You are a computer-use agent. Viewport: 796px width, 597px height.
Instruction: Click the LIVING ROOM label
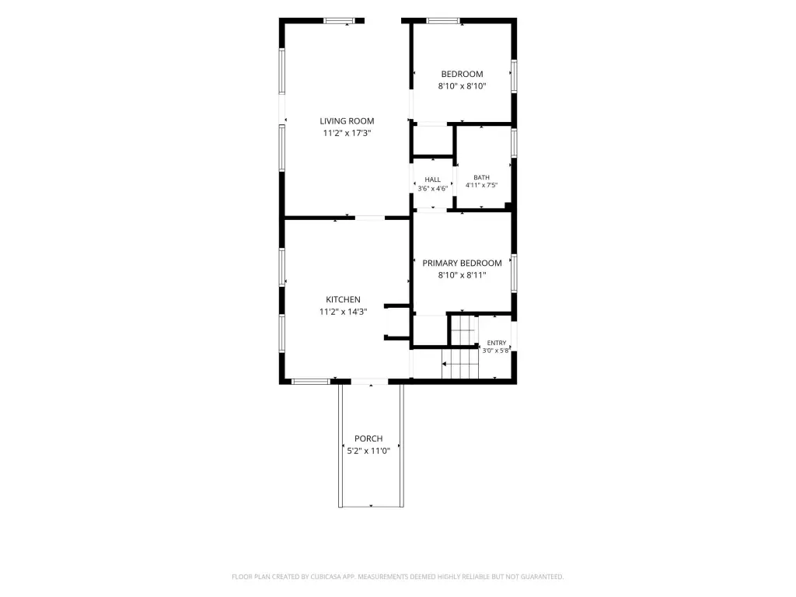pyautogui.click(x=347, y=120)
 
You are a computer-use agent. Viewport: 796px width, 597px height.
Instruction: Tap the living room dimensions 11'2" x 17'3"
pyautogui.click(x=347, y=133)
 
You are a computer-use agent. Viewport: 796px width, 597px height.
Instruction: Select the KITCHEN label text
pyautogui.click(x=343, y=299)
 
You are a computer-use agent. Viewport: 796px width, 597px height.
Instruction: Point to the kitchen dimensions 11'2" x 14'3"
pyautogui.click(x=343, y=312)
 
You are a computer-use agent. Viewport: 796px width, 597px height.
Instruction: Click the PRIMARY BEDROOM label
pyautogui.click(x=462, y=263)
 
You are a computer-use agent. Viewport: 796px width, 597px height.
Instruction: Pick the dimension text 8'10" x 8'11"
pyautogui.click(x=462, y=275)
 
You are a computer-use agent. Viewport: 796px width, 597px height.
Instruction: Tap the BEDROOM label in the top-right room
pyautogui.click(x=462, y=74)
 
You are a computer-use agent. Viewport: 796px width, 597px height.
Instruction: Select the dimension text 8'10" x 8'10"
pyautogui.click(x=462, y=86)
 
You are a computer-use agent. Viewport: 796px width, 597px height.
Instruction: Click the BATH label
pyautogui.click(x=481, y=177)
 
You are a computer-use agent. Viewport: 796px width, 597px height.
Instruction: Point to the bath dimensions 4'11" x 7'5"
pyautogui.click(x=481, y=185)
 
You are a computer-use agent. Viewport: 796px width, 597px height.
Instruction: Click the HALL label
pyautogui.click(x=432, y=180)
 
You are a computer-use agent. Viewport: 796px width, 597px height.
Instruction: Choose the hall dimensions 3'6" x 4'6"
pyautogui.click(x=432, y=188)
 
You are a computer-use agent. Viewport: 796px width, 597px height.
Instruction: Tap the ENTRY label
pyautogui.click(x=497, y=343)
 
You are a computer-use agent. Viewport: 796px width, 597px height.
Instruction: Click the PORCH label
pyautogui.click(x=368, y=438)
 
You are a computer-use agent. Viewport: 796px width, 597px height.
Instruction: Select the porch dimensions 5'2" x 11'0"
pyautogui.click(x=368, y=451)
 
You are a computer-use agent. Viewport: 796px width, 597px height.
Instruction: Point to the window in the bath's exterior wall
pyautogui.click(x=514, y=143)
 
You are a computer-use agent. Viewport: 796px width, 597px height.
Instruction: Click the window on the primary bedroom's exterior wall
pyautogui.click(x=514, y=273)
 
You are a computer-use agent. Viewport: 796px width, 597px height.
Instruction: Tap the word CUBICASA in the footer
pyautogui.click(x=329, y=577)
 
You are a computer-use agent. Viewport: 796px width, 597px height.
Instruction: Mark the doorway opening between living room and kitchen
pyautogui.click(x=370, y=218)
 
